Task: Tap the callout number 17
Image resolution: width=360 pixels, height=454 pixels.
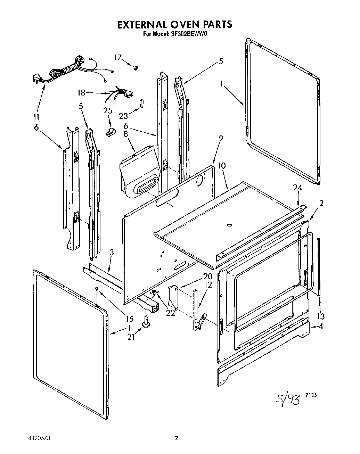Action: (x=118, y=58)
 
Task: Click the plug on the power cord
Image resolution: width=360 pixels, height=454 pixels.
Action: (x=38, y=78)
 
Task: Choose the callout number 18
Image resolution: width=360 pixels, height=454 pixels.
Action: (x=81, y=93)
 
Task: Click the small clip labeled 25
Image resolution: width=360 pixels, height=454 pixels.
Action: (x=111, y=131)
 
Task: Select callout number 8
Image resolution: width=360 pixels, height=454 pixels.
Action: (x=126, y=134)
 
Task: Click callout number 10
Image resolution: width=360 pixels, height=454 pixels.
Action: (x=222, y=166)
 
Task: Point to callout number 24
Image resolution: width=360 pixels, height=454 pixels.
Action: (x=297, y=188)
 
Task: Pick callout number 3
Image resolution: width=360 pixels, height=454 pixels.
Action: (x=111, y=253)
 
